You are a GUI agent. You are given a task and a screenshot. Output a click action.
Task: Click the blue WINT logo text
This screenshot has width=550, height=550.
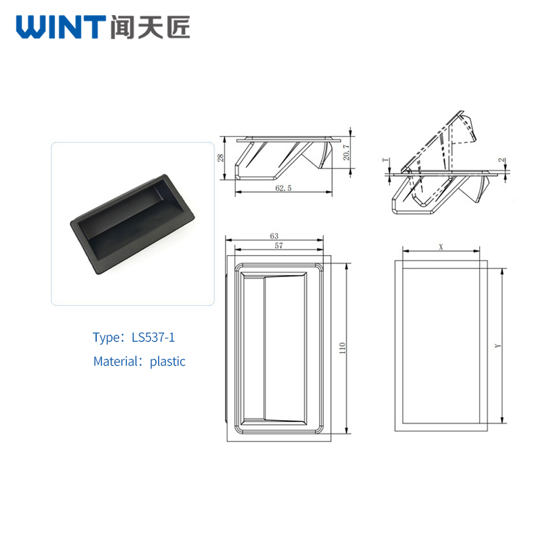coord(61,27)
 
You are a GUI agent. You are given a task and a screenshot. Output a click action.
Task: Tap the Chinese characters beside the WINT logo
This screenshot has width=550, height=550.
coord(150,27)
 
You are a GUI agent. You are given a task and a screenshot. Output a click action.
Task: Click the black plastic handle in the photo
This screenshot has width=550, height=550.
coord(133,225)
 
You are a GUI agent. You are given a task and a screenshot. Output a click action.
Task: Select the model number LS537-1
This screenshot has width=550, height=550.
coord(153,338)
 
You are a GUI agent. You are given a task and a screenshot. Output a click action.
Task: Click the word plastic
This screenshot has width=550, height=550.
coord(167,362)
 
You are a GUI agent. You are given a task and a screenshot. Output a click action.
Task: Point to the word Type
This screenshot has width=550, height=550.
coord(107,338)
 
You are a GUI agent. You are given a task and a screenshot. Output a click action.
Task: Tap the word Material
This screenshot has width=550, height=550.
coord(115,362)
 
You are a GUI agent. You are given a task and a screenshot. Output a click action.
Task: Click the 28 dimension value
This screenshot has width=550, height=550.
coord(220,158)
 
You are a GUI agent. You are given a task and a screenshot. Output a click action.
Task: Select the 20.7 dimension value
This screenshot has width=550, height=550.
coord(346,152)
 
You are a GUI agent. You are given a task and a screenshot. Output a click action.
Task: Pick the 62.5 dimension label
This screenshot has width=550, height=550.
coord(283,188)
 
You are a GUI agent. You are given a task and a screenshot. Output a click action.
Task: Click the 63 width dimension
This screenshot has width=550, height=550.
coord(274,236)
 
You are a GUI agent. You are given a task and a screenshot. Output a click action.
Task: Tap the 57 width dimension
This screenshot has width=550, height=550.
coord(278,246)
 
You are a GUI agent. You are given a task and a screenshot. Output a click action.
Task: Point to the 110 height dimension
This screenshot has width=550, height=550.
coord(342,348)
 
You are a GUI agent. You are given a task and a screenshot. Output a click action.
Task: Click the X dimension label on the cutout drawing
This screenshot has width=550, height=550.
coord(441,247)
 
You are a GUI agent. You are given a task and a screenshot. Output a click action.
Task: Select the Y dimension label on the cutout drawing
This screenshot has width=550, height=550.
coord(498,346)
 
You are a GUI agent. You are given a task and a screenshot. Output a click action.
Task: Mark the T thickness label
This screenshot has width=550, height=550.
coord(386,160)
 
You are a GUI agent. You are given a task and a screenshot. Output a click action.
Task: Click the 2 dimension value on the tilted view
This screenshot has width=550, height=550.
coord(503,160)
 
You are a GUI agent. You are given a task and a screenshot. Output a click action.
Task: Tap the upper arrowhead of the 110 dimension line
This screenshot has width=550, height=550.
coord(347,266)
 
